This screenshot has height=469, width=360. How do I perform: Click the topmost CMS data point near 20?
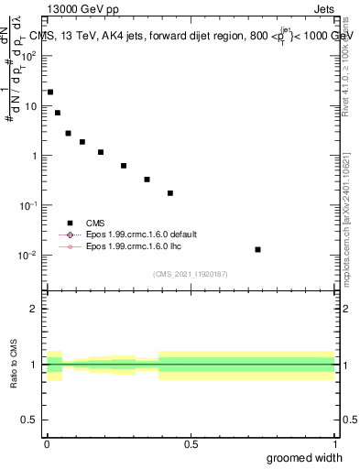[50, 92]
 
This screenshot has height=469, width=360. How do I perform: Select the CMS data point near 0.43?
[170, 193]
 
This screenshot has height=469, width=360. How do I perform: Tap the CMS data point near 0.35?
[147, 180]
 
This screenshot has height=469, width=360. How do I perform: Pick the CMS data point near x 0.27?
[124, 166]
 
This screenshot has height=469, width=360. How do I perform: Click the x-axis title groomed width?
[306, 457]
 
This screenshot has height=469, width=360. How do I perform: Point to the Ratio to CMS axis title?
[14, 365]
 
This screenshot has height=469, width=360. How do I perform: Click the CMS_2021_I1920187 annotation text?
[190, 273]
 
